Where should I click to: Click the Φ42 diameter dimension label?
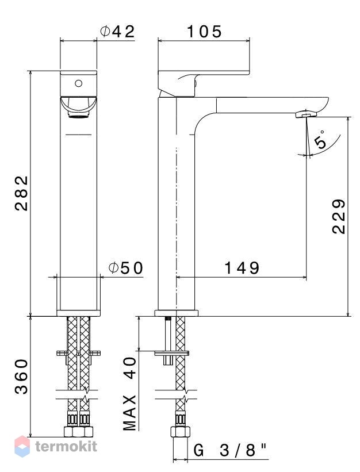(x=117, y=32)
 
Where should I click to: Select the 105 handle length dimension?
(x=204, y=32)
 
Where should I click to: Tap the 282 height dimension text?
(x=22, y=193)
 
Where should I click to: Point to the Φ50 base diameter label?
(x=126, y=268)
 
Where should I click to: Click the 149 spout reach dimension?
(x=242, y=268)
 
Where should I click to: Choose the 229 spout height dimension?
(x=339, y=216)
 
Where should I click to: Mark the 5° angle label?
(x=321, y=140)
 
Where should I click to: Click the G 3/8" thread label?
(x=230, y=451)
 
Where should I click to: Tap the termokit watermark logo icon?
(x=22, y=446)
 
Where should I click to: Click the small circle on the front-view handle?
(x=79, y=83)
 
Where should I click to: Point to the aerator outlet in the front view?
(x=79, y=114)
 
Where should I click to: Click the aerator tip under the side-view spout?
(x=307, y=114)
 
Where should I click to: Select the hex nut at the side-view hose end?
(x=180, y=432)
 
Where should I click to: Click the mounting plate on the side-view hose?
(x=172, y=353)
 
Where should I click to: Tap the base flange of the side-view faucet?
(x=177, y=313)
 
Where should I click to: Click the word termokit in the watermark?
(x=66, y=446)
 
